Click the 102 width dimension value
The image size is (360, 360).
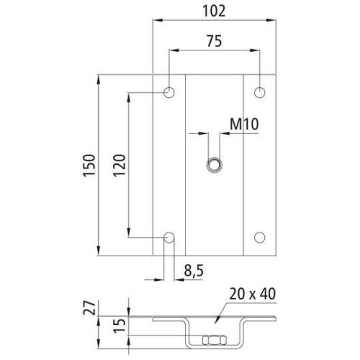tap(215, 11)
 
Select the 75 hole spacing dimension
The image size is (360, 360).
tap(214, 41)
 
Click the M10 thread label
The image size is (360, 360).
tap(244, 125)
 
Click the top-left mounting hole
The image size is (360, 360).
tap(169, 92)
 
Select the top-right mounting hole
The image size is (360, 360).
tap(260, 92)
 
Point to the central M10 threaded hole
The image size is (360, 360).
tap(214, 164)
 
